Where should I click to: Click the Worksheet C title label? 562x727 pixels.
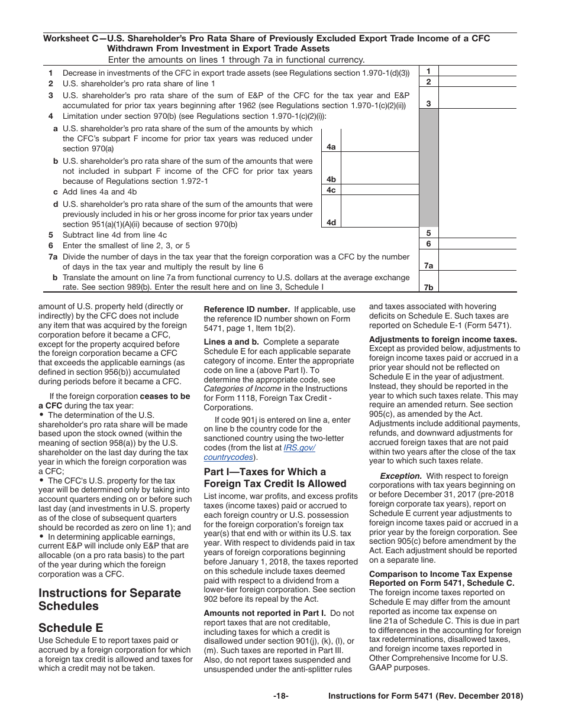[x=266, y=43]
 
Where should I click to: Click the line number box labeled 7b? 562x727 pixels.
[x=428, y=287]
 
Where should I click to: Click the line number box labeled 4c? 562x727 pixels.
[x=331, y=190]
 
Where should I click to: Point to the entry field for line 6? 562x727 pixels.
[x=477, y=244]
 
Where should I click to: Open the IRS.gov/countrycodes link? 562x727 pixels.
[x=283, y=453]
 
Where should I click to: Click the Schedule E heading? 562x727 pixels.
[x=70, y=628]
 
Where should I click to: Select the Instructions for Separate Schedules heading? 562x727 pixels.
[x=109, y=599]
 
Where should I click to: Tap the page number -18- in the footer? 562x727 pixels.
[x=280, y=696]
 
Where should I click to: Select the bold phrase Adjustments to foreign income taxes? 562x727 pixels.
[x=443, y=339]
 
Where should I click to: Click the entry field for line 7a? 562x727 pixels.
[x=477, y=261]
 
